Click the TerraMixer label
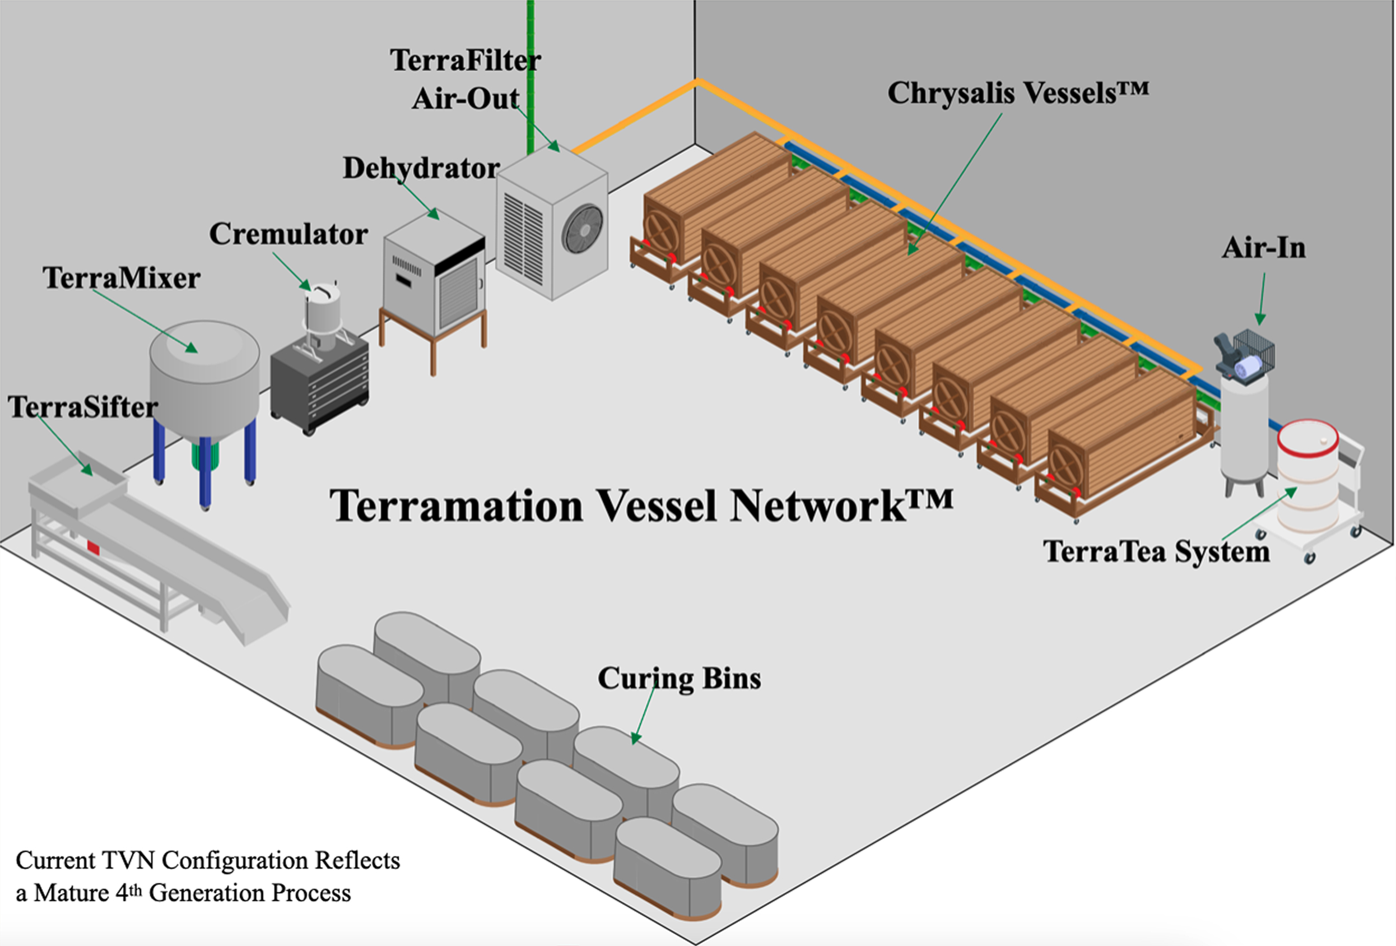pos(122,279)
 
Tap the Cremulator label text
pos(288,234)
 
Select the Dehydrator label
pos(421,168)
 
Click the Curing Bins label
pos(679,679)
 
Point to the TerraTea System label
pos(1156,551)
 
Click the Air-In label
pos(1264,248)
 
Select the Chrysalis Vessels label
pos(1018,93)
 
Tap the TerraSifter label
pos(82,407)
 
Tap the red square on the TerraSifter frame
pos(93,548)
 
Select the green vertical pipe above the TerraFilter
pos(531,72)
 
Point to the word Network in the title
pos(841,506)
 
